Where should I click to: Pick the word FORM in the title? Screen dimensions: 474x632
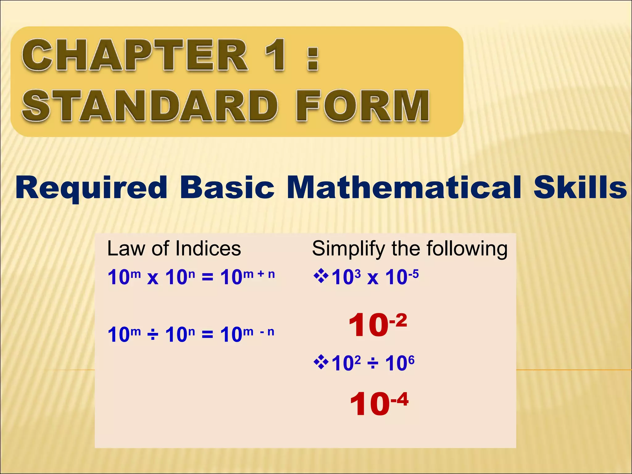363,106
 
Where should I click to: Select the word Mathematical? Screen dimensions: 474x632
404,188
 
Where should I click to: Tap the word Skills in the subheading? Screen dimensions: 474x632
580,188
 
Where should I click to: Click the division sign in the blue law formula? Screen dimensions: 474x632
153,335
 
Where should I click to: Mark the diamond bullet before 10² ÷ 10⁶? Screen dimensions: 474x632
321,363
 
